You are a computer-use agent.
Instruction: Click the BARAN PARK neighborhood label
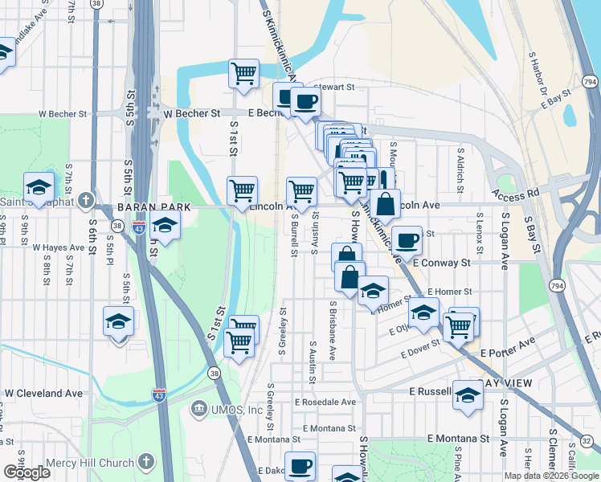(153, 206)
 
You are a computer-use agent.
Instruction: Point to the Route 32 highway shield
(586, 441)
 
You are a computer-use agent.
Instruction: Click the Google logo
(27, 472)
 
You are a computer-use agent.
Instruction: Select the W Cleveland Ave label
(44, 394)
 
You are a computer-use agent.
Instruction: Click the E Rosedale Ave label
(325, 402)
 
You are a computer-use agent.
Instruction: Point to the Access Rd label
(516, 194)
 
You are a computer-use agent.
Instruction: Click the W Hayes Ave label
(59, 248)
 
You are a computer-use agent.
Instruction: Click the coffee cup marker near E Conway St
(407, 240)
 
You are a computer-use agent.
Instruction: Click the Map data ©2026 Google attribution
(551, 476)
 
